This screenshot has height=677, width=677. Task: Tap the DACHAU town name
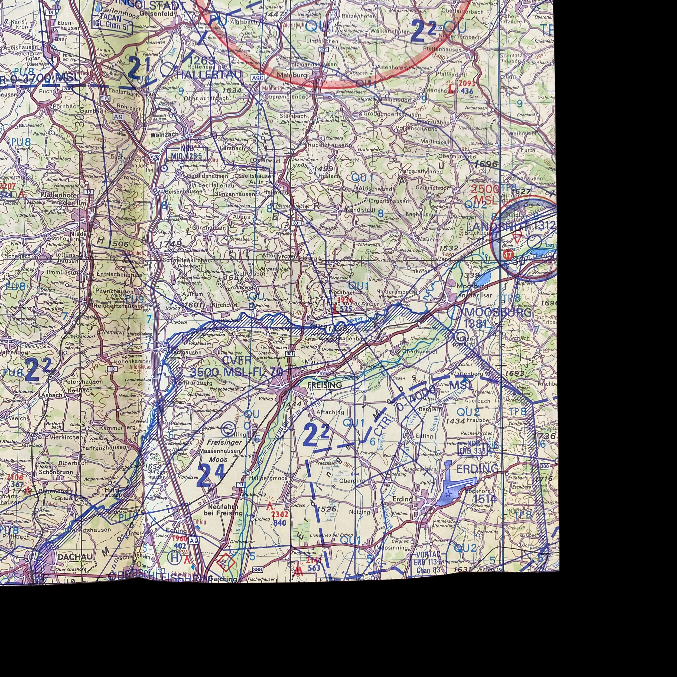click(x=75, y=557)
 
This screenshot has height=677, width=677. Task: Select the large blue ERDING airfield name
click(x=477, y=469)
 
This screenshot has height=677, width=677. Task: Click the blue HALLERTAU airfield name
click(x=209, y=75)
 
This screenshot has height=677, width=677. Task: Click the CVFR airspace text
click(x=237, y=360)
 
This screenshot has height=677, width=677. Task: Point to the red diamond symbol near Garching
click(x=226, y=562)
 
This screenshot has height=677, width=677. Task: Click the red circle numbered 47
click(x=508, y=255)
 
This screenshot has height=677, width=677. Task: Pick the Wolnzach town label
click(x=164, y=134)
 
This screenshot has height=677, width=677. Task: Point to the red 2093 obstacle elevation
click(x=466, y=83)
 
